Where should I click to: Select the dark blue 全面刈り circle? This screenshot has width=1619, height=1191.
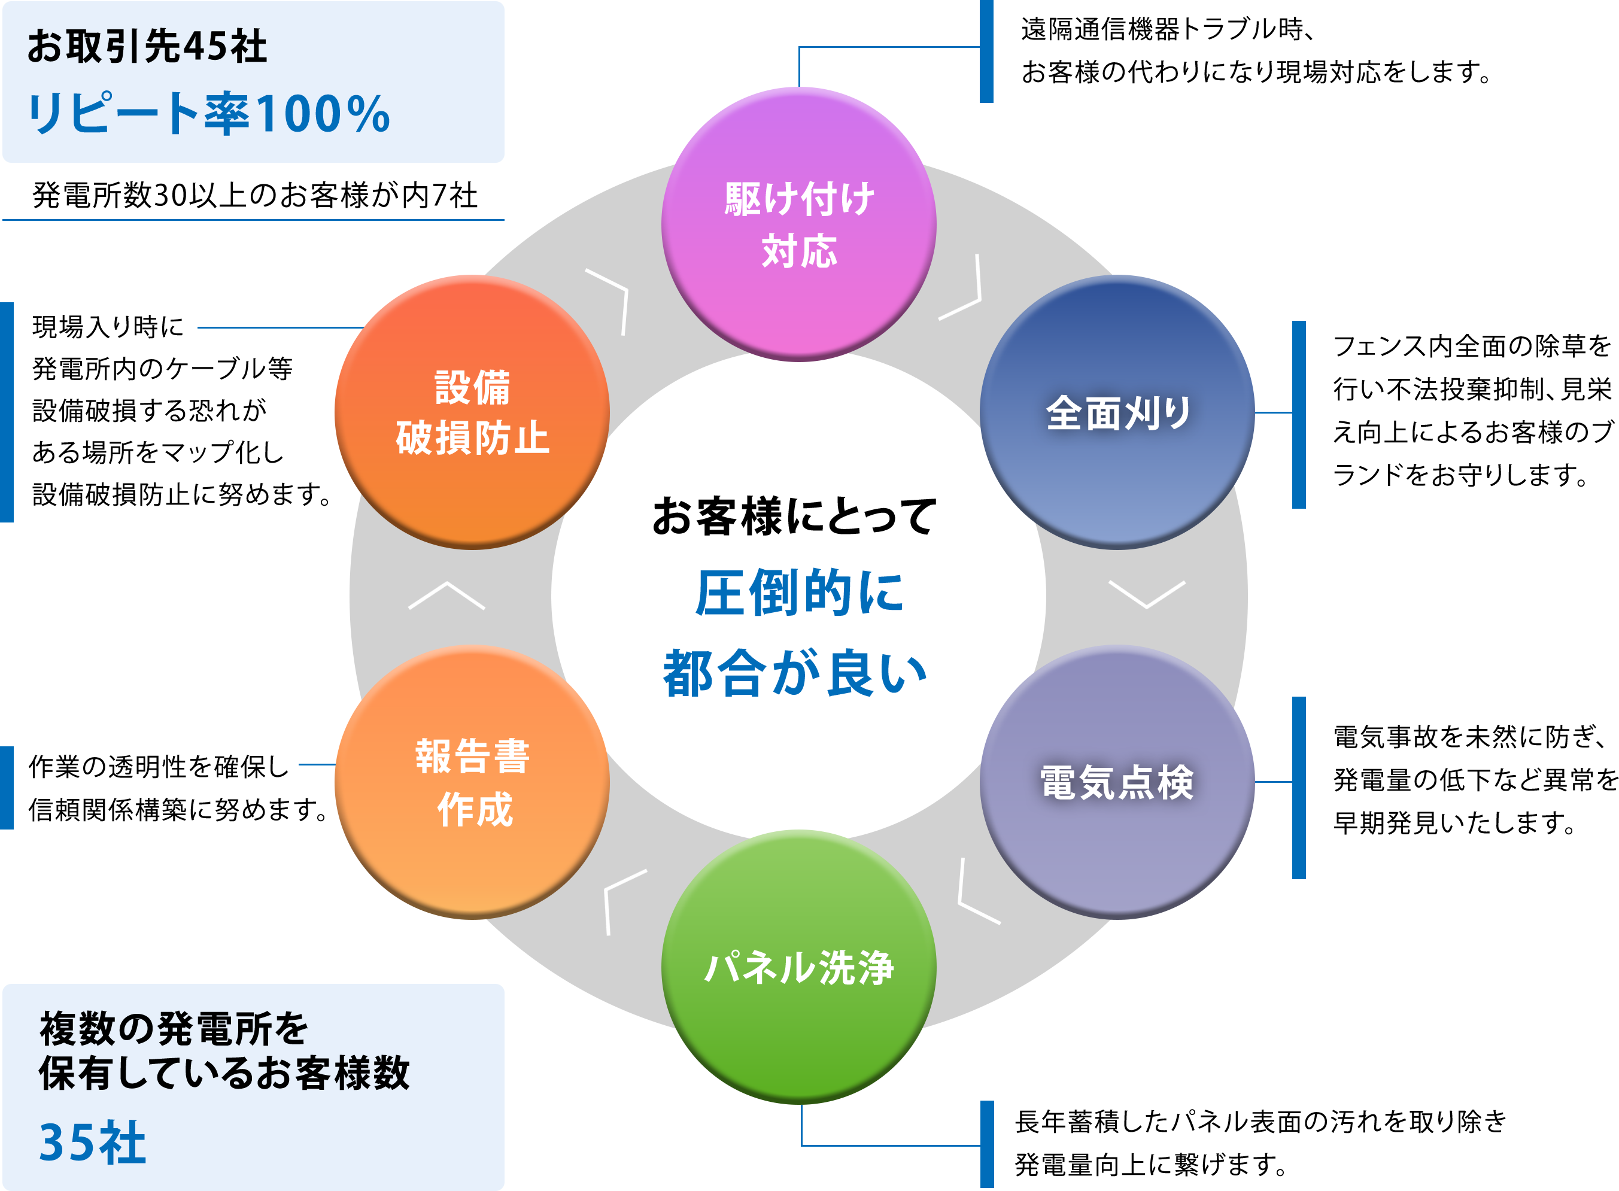coord(1117,412)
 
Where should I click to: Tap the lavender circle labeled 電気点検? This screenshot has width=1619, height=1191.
coord(1117,782)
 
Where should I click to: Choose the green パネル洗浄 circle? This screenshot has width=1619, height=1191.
coord(798,967)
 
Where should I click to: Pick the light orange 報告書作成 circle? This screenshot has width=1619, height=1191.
coord(472,782)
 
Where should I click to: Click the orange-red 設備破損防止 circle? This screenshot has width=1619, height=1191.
coord(472,412)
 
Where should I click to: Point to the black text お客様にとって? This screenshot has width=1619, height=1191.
coord(794,516)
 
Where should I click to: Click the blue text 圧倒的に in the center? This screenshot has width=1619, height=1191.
coord(798,593)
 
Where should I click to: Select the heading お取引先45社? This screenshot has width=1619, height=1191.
coord(147,47)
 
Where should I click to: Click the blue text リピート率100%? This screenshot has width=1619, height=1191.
coord(209,114)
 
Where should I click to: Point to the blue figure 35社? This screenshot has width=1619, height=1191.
coord(92,1143)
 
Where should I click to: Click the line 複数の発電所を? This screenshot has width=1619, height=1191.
coord(174,1029)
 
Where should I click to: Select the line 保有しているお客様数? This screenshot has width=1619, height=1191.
coord(224,1074)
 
